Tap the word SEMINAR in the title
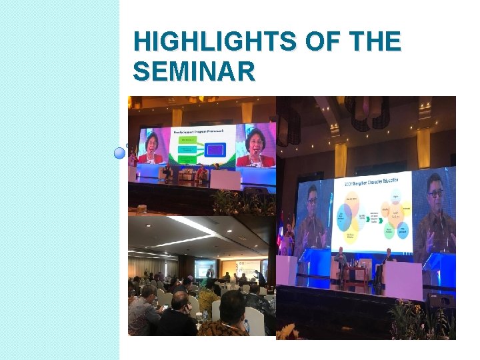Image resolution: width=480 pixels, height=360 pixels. [x=195, y=71]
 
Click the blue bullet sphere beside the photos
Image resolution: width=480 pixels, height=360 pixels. [x=119, y=152]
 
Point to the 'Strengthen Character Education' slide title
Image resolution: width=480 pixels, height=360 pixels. [x=372, y=183]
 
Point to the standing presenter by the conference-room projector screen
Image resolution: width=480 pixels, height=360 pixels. [x=210, y=271]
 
